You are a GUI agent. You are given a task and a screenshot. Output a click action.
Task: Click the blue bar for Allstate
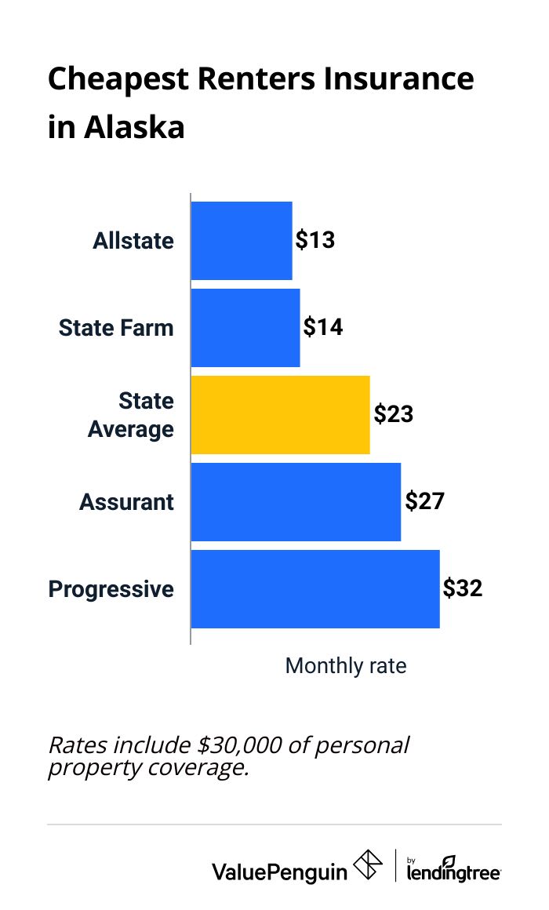point(242,240)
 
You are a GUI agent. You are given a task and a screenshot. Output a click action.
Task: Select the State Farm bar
point(245,327)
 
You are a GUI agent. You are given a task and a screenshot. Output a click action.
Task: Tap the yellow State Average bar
point(280,414)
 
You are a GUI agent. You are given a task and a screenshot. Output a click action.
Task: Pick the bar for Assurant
point(296,501)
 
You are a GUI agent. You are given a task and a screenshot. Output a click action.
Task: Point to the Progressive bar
point(314,588)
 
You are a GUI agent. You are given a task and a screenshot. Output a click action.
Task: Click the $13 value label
point(315,240)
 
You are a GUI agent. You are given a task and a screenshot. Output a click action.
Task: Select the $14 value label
point(323,327)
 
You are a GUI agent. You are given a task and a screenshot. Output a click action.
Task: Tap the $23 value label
point(393,414)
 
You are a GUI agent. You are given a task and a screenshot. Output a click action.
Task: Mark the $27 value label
point(424,501)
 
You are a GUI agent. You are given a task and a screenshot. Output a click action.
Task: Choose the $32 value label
point(463,588)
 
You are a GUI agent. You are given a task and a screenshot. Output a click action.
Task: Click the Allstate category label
point(133,241)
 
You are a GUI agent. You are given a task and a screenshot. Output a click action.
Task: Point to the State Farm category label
point(116,327)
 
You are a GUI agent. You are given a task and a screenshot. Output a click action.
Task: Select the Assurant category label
point(126,501)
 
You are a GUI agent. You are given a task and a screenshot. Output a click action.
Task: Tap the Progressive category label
point(111,589)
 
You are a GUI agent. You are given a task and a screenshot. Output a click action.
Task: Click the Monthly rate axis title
point(346,666)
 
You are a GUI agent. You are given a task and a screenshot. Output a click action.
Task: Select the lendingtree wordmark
point(454,870)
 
